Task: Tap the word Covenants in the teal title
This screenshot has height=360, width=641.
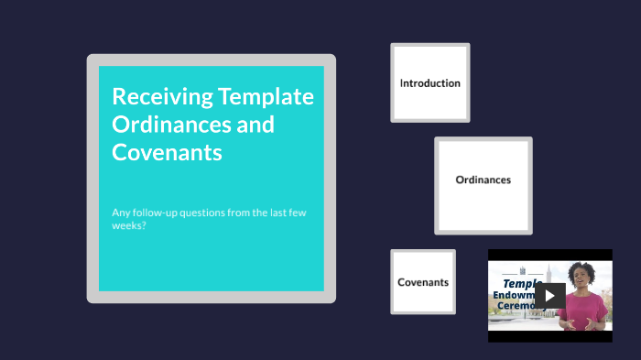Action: coord(167,153)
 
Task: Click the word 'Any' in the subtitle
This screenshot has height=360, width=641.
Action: coord(122,213)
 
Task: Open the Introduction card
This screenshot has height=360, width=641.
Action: coord(429,82)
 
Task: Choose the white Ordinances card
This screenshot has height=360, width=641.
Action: coord(483,180)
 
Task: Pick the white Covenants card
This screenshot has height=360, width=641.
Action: coord(422,282)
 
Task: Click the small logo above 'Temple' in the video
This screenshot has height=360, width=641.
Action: coord(523,270)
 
